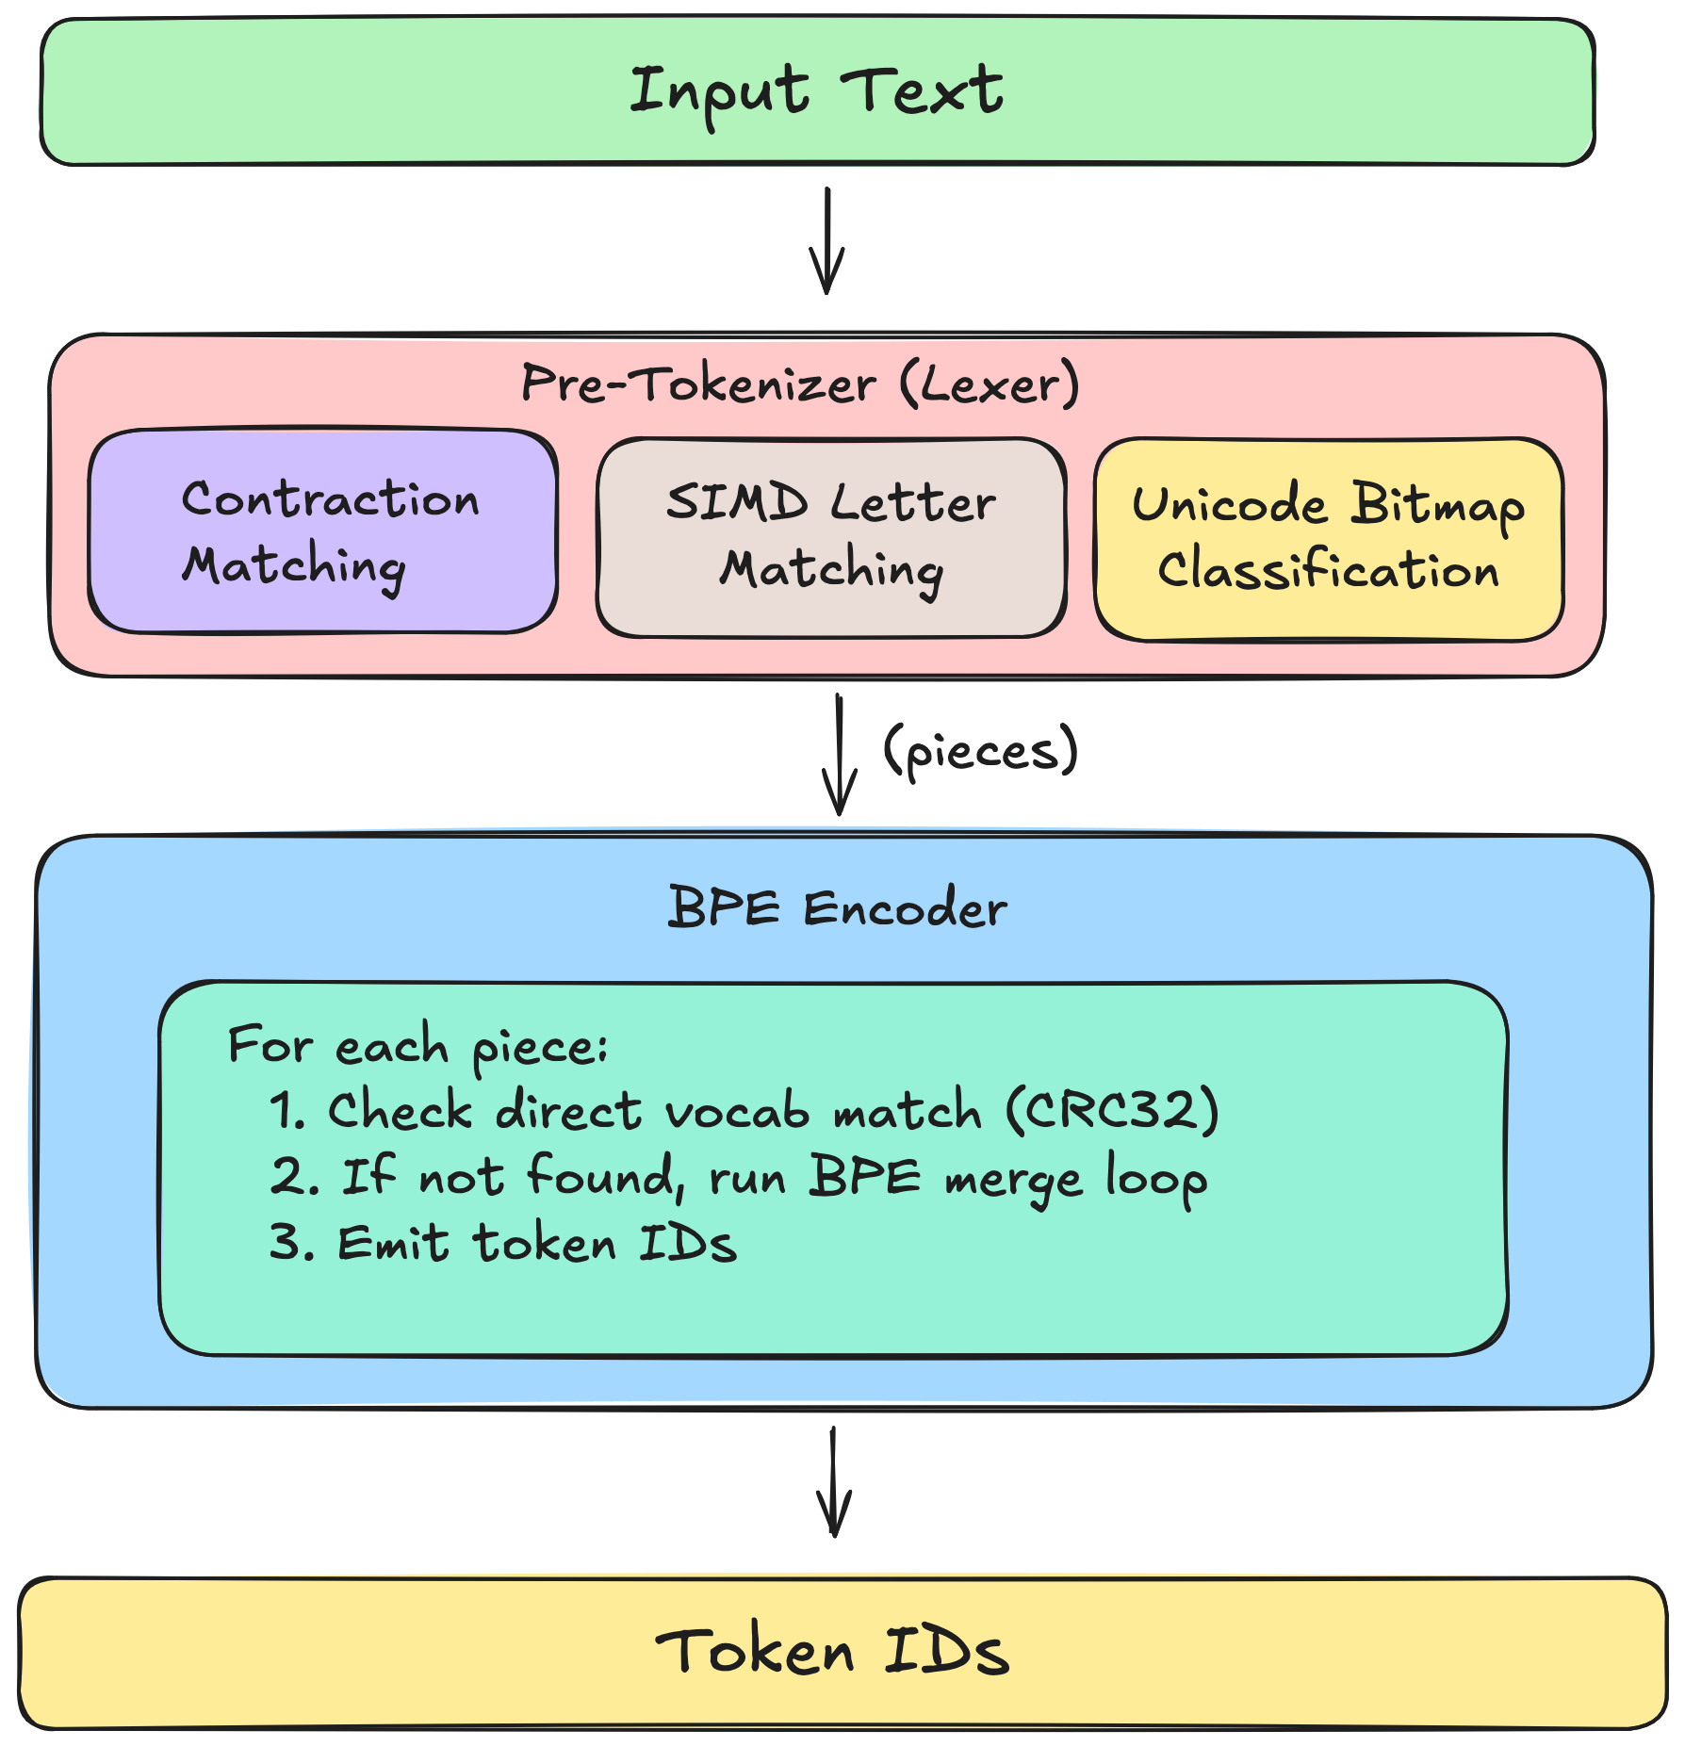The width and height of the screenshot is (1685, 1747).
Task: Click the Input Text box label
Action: tap(816, 91)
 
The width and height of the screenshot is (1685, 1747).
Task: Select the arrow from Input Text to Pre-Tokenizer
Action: tap(826, 241)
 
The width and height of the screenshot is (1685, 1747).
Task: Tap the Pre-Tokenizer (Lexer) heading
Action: tap(799, 384)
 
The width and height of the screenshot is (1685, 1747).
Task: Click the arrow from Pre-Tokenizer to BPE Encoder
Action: tap(839, 755)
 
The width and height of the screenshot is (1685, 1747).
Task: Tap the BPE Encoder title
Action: tap(837, 908)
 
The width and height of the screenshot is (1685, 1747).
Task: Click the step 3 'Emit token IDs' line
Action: tap(502, 1243)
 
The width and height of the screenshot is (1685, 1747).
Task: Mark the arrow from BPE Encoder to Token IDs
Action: tap(834, 1482)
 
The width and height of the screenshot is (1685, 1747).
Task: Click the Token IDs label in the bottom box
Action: tap(832, 1652)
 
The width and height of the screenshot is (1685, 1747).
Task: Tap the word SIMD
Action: tap(737, 501)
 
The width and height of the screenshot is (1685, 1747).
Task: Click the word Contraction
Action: tap(330, 498)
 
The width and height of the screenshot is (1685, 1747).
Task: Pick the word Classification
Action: tap(1329, 570)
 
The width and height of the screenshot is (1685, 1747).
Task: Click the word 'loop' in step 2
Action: tap(1156, 1178)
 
